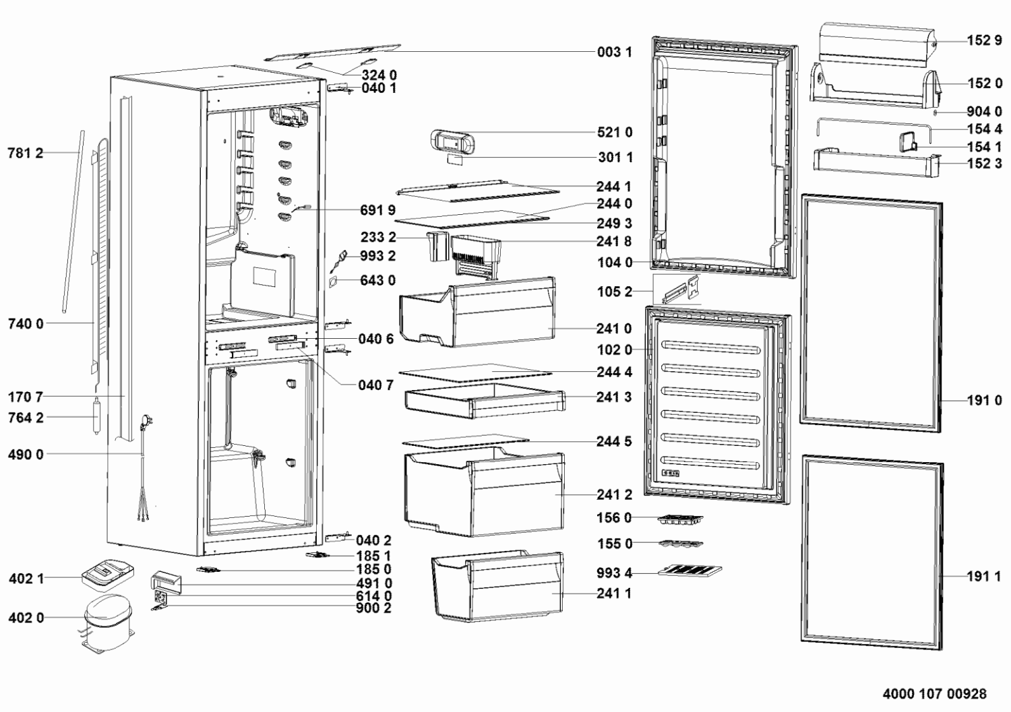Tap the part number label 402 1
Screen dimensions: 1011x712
pyautogui.click(x=26, y=578)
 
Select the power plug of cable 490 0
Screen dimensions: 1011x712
pyautogui.click(x=147, y=423)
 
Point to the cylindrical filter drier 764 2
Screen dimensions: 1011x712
pyautogui.click(x=96, y=415)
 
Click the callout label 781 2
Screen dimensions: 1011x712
pyautogui.click(x=26, y=153)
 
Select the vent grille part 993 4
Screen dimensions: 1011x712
pyautogui.click(x=690, y=571)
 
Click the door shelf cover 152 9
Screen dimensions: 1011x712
pyautogui.click(x=876, y=44)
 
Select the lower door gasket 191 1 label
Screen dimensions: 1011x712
pyautogui.click(x=984, y=576)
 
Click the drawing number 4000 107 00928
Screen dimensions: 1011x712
pyautogui.click(x=934, y=693)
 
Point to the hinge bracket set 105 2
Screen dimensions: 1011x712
pyautogui.click(x=682, y=290)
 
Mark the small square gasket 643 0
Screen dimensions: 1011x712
pyautogui.click(x=333, y=283)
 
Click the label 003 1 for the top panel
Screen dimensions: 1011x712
pyautogui.click(x=614, y=52)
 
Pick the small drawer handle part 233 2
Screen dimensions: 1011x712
pyautogui.click(x=437, y=247)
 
